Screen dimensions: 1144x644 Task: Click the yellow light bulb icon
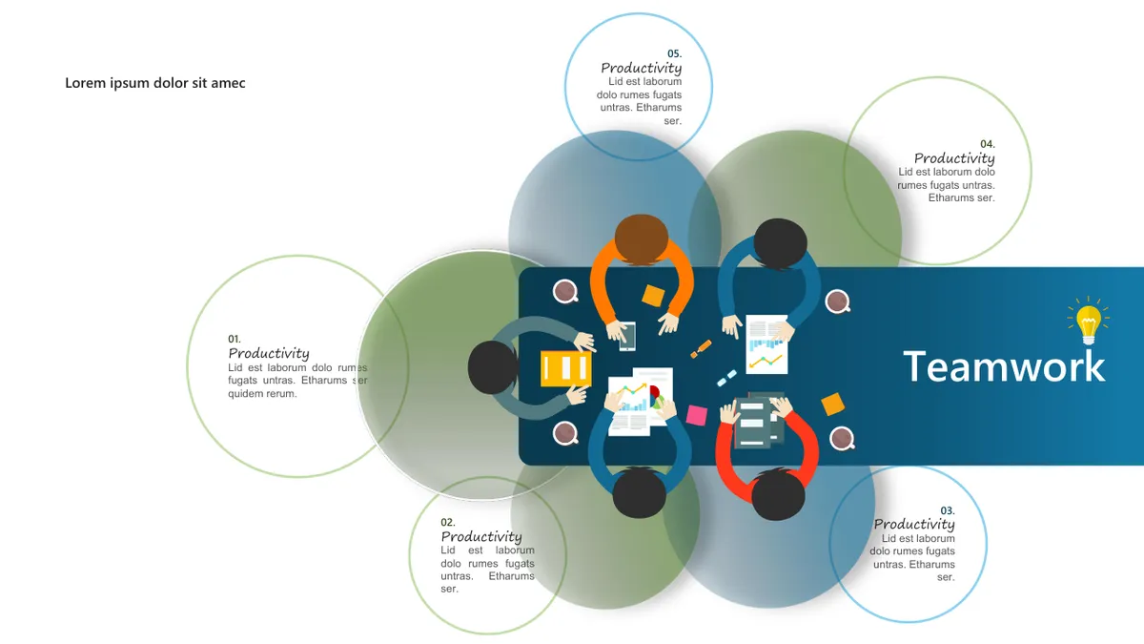(x=1089, y=322)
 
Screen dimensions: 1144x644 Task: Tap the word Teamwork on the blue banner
(x=1004, y=366)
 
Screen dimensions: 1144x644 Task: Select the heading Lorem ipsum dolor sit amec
(x=154, y=83)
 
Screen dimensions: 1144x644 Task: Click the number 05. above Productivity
(x=674, y=53)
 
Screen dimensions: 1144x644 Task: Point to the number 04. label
(x=988, y=144)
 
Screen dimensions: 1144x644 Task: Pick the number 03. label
(x=948, y=510)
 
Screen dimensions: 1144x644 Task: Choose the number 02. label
(x=448, y=523)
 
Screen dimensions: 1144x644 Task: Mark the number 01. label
(x=235, y=339)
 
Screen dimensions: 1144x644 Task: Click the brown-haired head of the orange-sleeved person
(x=642, y=239)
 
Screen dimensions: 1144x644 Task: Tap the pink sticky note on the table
(x=697, y=416)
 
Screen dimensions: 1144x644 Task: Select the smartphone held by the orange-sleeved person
(x=627, y=336)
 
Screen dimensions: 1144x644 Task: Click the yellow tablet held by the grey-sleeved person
(x=566, y=368)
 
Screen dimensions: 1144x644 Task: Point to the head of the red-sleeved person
(x=778, y=495)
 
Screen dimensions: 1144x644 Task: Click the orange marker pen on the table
(x=701, y=348)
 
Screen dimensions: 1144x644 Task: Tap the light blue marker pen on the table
(x=726, y=378)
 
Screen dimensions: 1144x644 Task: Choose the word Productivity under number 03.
(x=914, y=525)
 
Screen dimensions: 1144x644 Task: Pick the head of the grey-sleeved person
(x=493, y=367)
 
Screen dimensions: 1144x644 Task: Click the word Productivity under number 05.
(x=642, y=69)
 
